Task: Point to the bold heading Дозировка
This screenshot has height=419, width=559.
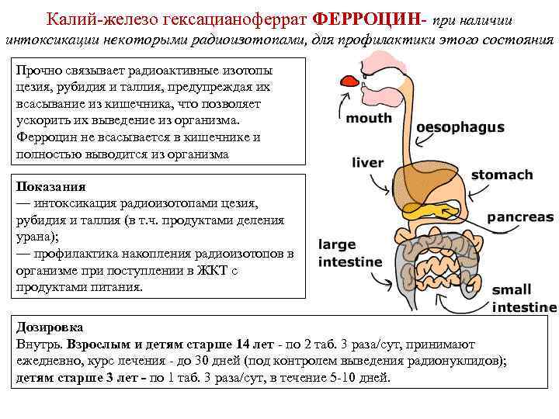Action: pyautogui.click(x=49, y=327)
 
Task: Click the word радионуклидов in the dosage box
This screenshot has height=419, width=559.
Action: pyautogui.click(x=461, y=362)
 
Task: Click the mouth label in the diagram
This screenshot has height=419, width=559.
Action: pyautogui.click(x=368, y=119)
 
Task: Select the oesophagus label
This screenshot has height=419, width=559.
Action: pyautogui.click(x=460, y=127)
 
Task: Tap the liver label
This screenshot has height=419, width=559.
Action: pyautogui.click(x=367, y=163)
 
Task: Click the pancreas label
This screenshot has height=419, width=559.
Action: pyautogui.click(x=519, y=217)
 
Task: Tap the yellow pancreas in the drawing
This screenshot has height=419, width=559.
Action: pyautogui.click(x=430, y=209)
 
